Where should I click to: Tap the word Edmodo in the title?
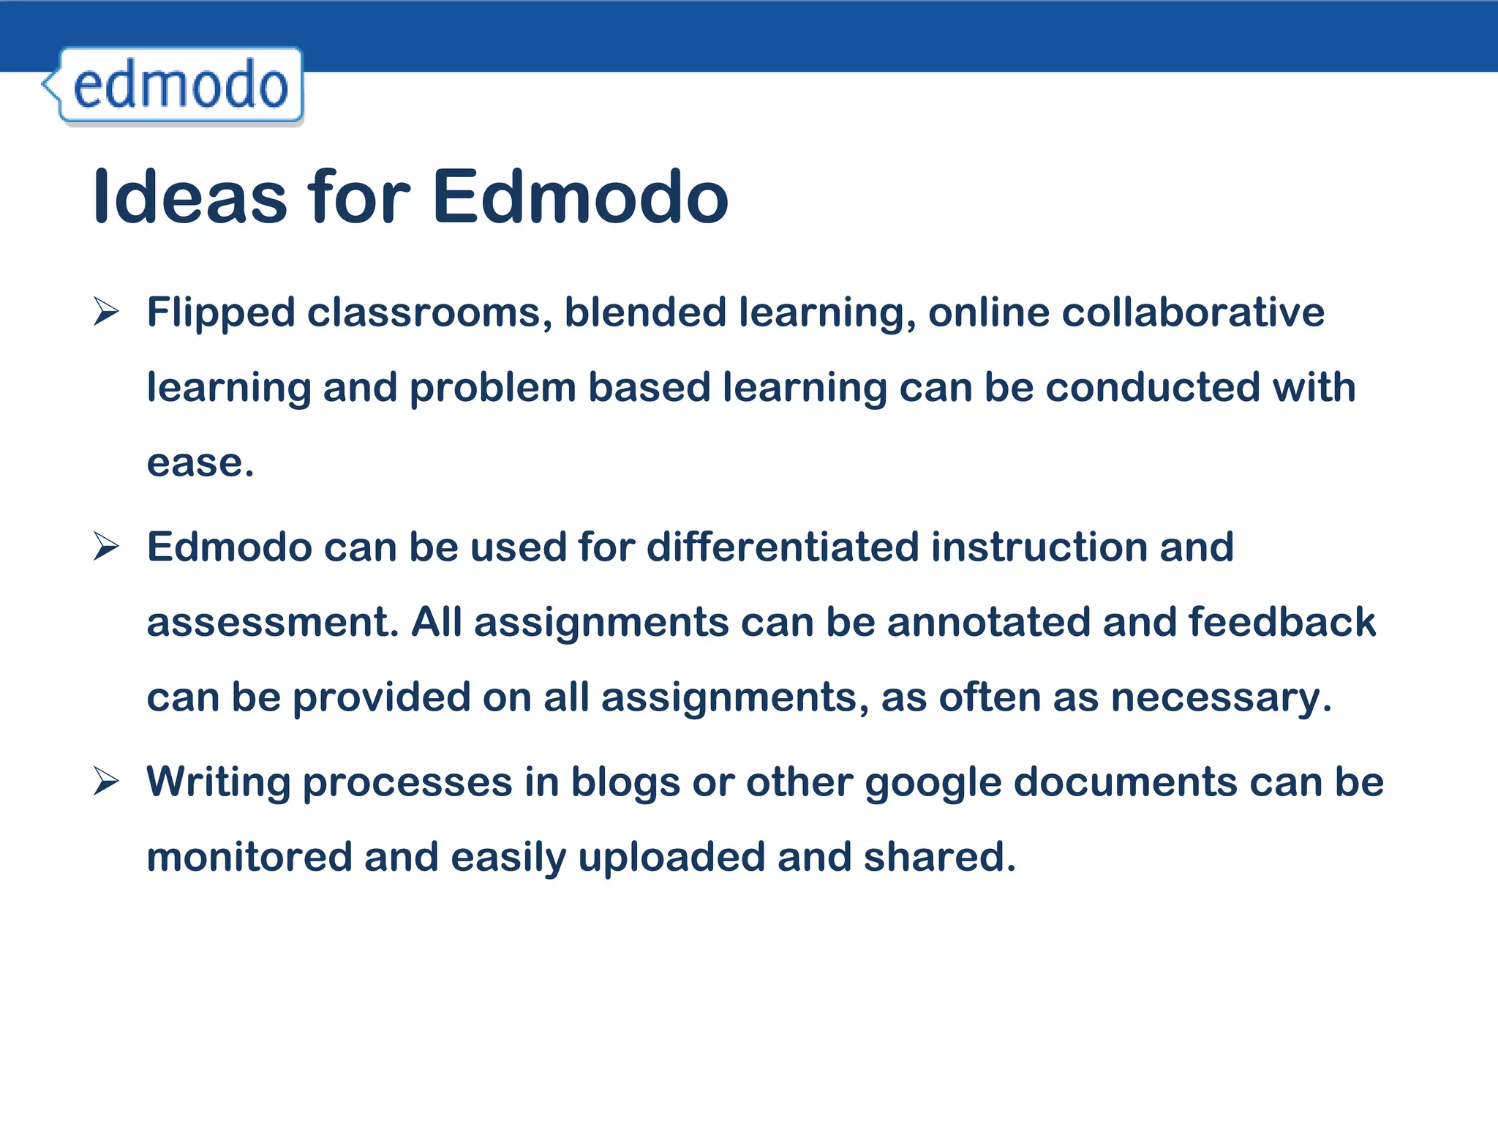580,196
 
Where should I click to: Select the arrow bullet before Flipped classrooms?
107,312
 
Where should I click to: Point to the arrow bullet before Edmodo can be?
107,547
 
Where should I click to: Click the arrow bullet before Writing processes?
107,782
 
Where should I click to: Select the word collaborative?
1192,312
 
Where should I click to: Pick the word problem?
492,389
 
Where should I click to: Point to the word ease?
199,464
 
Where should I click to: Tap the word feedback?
1281,622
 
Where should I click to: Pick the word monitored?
249,857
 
